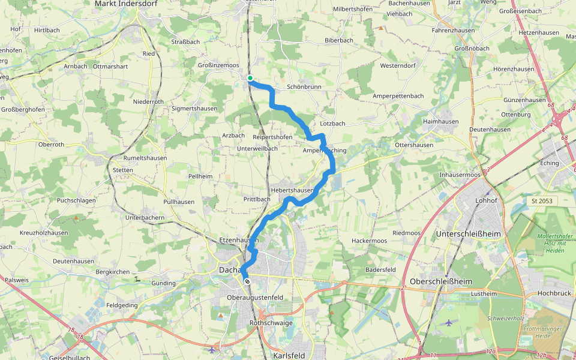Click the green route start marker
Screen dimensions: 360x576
250,77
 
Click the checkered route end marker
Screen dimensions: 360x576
247,281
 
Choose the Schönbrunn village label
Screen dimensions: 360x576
304,87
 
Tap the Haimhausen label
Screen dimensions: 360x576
440,122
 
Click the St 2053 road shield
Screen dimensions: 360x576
541,201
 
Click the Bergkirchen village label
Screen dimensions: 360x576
112,272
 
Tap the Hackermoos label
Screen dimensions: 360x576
369,241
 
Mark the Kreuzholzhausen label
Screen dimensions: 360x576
43,232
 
